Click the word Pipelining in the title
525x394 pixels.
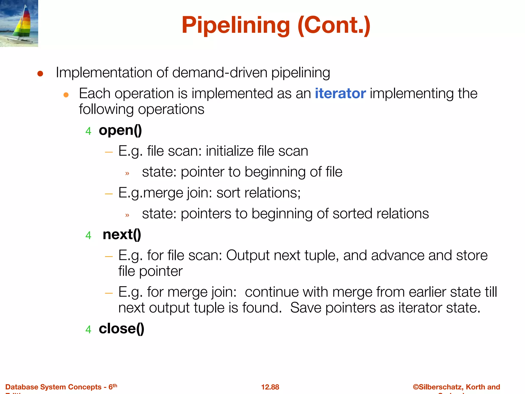(236, 25)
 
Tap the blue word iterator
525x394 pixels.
(340, 93)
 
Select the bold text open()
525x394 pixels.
(120, 130)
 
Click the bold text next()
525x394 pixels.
(122, 234)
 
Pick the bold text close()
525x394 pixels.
(122, 329)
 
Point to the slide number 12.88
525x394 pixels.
(270, 387)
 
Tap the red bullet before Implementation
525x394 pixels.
(40, 74)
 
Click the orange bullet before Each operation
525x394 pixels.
(66, 95)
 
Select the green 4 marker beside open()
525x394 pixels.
(88, 131)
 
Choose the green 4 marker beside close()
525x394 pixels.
(88, 329)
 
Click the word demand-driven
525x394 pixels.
(220, 73)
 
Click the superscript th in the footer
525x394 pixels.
(115, 385)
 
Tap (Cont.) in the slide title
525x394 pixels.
(334, 25)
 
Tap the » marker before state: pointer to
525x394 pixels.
(127, 174)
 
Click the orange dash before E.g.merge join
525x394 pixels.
(109, 194)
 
